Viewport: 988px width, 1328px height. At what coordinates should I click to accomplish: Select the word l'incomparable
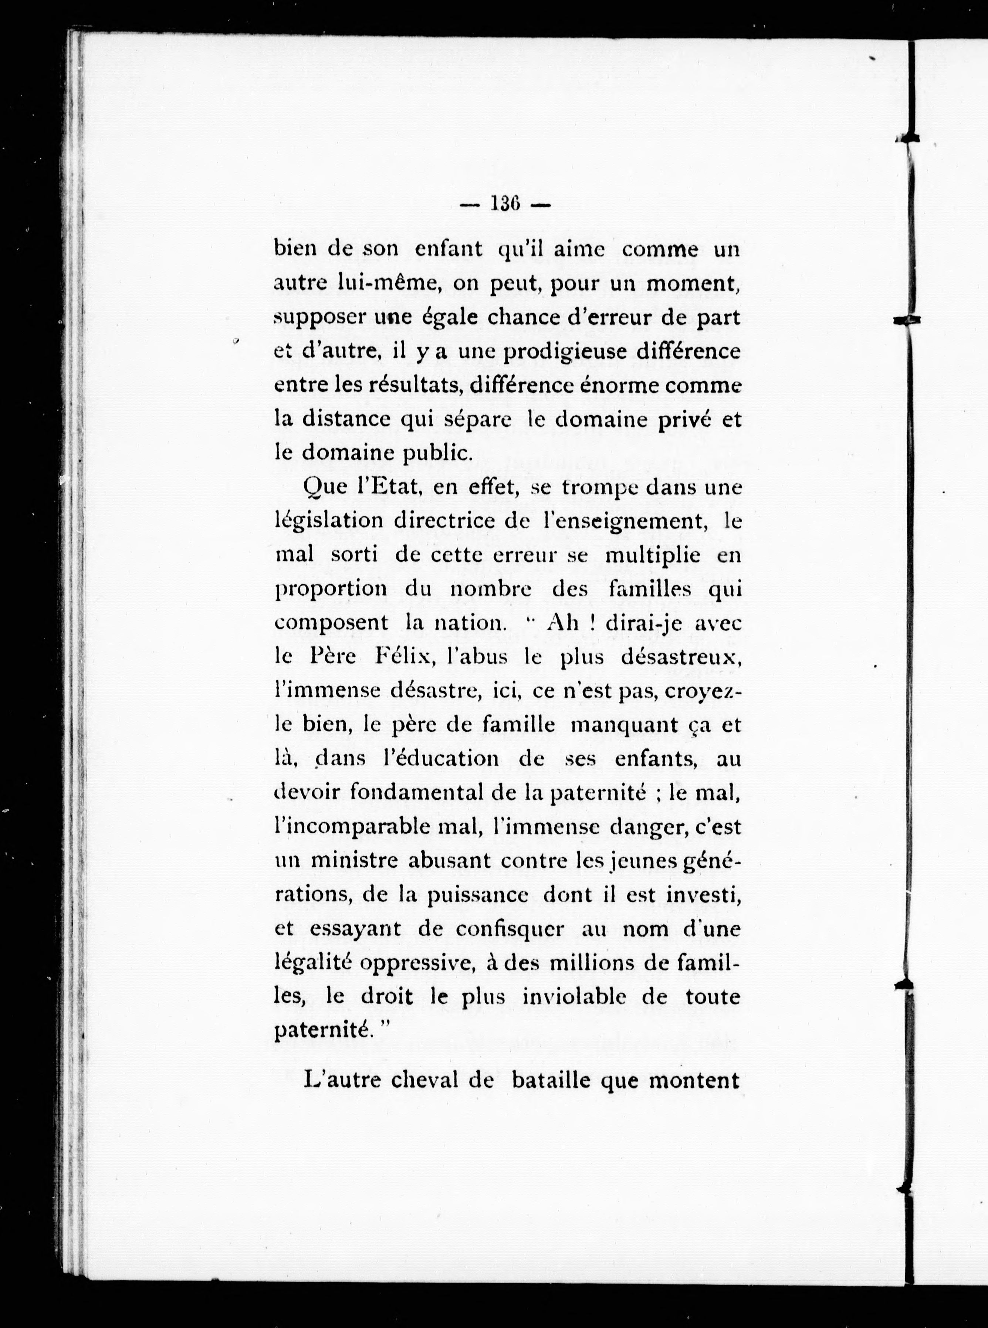[x=353, y=827]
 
